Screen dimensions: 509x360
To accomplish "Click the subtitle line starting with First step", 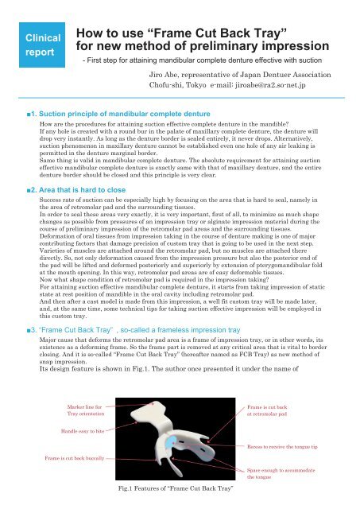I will (x=191, y=60).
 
